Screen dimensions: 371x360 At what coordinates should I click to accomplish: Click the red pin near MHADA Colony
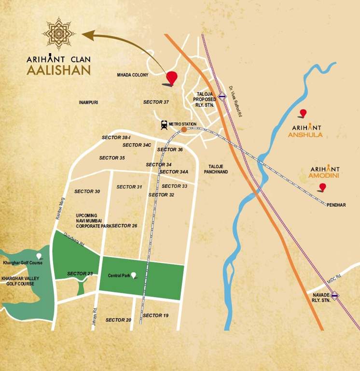coord(171,77)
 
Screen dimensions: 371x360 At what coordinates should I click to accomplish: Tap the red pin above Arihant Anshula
coord(303,113)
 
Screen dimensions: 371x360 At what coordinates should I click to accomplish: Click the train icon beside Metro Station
coord(165,125)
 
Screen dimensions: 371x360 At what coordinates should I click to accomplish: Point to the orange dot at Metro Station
coord(184,129)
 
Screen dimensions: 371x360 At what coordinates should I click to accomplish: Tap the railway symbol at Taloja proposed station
coord(222,96)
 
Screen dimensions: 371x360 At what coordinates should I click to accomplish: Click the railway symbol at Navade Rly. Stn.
coord(334,296)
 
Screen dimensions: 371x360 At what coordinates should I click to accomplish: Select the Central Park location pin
coord(134,275)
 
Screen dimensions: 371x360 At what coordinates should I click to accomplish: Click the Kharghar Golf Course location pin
coord(39,256)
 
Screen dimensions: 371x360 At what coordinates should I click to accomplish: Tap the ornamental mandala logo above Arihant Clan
coord(58,34)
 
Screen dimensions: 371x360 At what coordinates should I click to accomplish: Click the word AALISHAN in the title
coord(58,70)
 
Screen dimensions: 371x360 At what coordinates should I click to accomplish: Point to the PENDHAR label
coord(336,205)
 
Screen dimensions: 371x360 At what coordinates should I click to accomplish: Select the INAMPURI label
coord(88,102)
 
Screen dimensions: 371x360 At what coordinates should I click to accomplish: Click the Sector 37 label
coord(156,102)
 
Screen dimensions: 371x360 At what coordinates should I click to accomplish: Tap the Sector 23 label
coord(80,274)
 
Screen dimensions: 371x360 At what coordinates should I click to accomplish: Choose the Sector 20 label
coord(118,320)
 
